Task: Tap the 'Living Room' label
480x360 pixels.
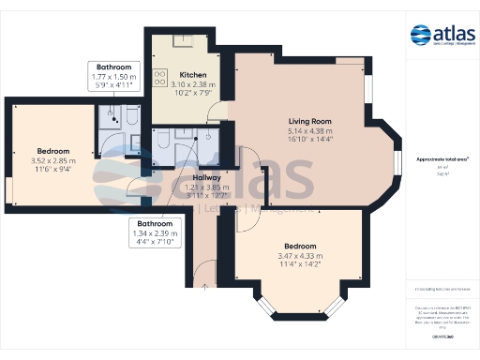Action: tap(309, 121)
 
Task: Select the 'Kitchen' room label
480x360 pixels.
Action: tap(193, 74)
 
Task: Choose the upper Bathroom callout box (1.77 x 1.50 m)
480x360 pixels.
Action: tap(113, 75)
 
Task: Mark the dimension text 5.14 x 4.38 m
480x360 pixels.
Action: tap(309, 131)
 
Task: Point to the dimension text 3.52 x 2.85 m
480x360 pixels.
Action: tap(53, 160)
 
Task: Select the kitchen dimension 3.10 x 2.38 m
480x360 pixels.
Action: tap(193, 84)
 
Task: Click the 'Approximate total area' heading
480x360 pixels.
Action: tap(442, 160)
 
